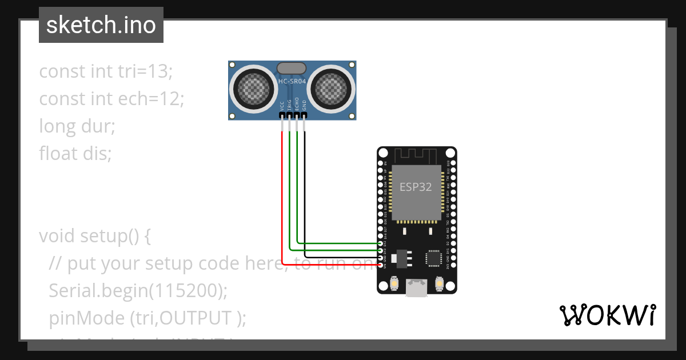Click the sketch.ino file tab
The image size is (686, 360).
[101, 25]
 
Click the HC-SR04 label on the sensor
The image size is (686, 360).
[292, 82]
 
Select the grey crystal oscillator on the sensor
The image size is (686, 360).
[292, 68]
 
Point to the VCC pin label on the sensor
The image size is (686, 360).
[282, 106]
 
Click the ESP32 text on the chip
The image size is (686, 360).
[416, 187]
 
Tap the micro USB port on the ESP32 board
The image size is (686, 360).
[416, 288]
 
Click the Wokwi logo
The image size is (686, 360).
[607, 315]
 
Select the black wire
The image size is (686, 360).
[305, 194]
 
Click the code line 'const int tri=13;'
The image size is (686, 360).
[106, 71]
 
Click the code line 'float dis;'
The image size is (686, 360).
[75, 153]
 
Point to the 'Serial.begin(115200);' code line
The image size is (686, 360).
[138, 290]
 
